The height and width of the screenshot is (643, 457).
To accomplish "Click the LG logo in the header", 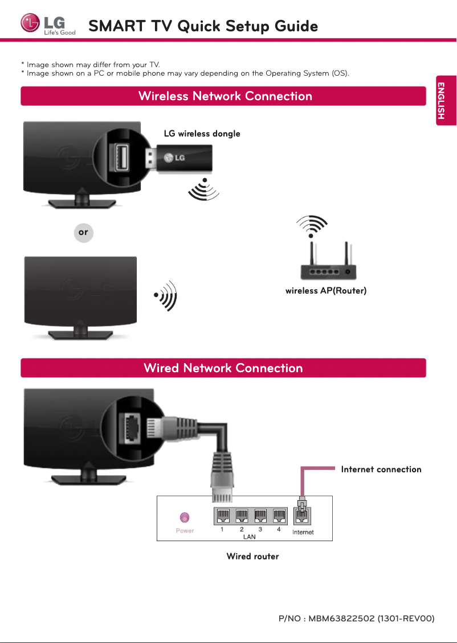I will click(48, 25).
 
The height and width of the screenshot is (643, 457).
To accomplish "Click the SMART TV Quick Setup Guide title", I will click(203, 26).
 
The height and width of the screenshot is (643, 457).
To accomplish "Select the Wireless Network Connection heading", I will click(225, 96).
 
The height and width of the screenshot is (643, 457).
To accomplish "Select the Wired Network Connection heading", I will click(223, 368).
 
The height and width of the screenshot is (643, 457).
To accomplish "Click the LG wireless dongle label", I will click(202, 134).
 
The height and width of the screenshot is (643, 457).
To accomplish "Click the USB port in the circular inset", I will click(121, 158).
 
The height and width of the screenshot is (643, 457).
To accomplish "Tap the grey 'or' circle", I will click(84, 233).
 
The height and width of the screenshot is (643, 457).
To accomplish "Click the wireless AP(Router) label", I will click(325, 291).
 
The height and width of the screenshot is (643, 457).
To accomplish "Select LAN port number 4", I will click(279, 516).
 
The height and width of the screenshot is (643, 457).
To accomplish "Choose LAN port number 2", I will click(242, 516).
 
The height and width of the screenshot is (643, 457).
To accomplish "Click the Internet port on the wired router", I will click(302, 516).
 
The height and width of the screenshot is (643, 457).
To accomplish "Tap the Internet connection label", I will click(381, 469).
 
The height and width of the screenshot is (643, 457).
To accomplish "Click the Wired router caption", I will click(252, 557).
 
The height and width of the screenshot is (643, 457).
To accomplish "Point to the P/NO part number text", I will click(356, 619).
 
